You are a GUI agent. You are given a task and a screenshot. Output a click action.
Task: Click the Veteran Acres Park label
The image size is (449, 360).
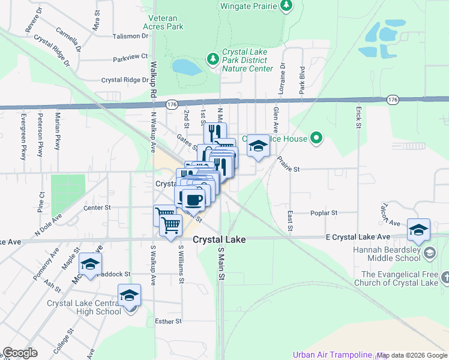point(163,23)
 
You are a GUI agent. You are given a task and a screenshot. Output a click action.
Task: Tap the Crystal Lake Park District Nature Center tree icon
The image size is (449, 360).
point(212,58)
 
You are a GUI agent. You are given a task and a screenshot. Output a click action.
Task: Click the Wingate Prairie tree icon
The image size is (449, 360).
point(287,6)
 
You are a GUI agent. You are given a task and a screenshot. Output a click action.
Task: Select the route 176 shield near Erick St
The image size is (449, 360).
point(393,98)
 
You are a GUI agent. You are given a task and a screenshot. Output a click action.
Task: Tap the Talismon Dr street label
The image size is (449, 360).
point(130,36)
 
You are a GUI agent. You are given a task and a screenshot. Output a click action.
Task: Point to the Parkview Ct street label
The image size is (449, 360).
point(130,57)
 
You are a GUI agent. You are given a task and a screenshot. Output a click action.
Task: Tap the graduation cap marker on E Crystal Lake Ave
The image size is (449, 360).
point(418,230)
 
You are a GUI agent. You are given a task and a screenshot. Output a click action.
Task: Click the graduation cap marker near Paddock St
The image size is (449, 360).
point(90,264)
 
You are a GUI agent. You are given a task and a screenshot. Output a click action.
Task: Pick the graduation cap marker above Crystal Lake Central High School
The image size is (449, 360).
point(129,295)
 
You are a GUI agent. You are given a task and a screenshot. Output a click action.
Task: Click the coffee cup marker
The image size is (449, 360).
point(192,199)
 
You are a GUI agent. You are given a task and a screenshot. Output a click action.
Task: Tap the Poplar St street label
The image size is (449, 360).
point(324,213)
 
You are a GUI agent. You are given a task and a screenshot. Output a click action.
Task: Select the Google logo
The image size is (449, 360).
point(20,353)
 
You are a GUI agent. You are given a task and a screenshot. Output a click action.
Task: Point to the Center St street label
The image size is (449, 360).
point(97,208)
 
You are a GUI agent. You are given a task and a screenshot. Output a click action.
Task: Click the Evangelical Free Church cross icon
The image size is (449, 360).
point(445,277)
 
